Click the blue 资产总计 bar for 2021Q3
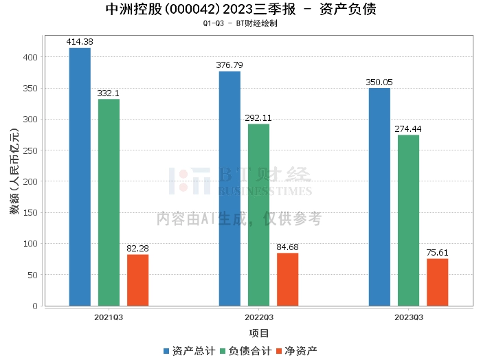[80, 177]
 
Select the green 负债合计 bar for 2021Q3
[109, 203]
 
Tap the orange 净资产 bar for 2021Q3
[137, 280]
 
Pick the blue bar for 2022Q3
[230, 188]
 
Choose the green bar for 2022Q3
[258, 215]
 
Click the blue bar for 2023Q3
[379, 196]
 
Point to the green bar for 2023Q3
[408, 221]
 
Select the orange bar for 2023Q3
[437, 282]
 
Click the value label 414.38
[80, 42]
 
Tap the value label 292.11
[258, 117]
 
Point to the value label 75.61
[437, 252]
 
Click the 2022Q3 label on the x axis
[259, 317]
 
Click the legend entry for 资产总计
[189, 351]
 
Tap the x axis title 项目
[259, 333]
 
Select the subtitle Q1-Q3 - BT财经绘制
[240, 23]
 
